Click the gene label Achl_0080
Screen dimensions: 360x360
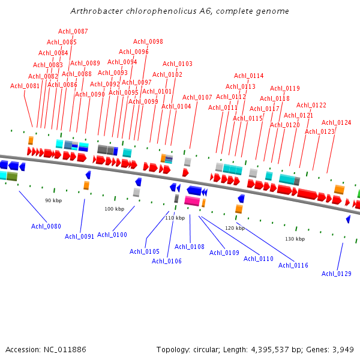tap(46, 226)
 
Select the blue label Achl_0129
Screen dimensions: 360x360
tap(337, 274)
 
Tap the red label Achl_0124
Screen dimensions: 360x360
tap(337, 122)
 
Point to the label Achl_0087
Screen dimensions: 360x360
tap(73, 31)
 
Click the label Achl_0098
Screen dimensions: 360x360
tap(148, 41)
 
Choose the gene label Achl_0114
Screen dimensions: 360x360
tap(249, 76)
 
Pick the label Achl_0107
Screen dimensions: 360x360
tap(197, 97)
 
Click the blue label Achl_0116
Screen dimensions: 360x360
tap(293, 265)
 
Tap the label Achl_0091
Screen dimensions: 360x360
tap(80, 236)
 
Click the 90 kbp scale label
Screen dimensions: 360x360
tap(53, 200)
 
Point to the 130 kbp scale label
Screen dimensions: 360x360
tap(295, 239)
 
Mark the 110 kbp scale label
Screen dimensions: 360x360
tap(175, 218)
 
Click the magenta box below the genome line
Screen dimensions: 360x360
tap(192, 201)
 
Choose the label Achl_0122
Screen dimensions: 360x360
tap(311, 105)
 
